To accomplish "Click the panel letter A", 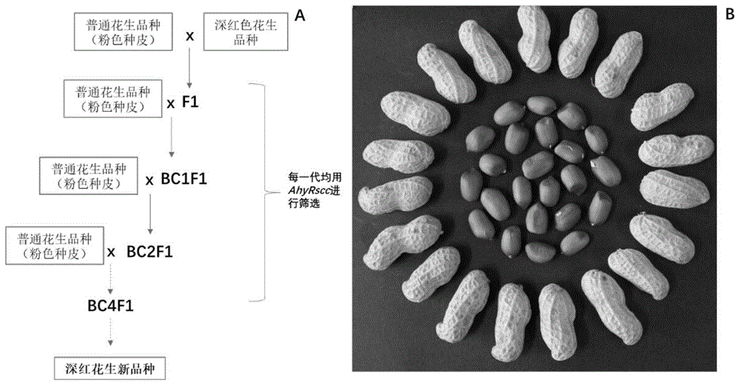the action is (300, 16).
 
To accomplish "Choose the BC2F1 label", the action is (149, 251).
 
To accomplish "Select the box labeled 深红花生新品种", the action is (111, 367).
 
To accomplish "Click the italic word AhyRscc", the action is (303, 190).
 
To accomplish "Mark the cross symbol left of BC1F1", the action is (148, 180).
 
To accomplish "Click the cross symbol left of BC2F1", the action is (112, 252).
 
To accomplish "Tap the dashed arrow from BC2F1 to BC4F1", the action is (111, 278).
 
